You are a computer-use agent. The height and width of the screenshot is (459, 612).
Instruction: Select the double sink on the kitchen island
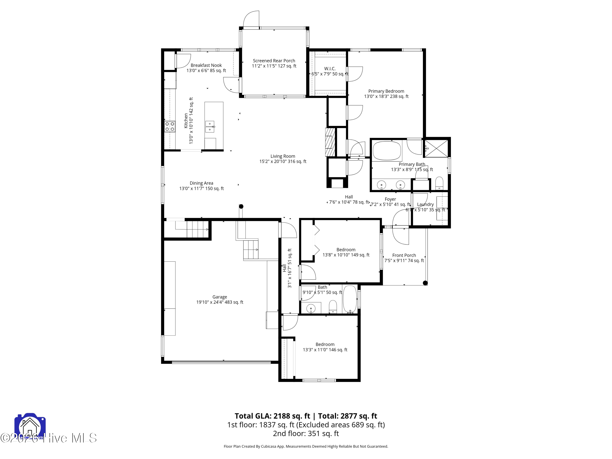click(210, 127)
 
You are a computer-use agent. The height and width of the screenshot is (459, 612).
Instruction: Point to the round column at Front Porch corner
click(425, 283)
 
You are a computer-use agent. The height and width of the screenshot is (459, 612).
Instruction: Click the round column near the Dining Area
click(241, 206)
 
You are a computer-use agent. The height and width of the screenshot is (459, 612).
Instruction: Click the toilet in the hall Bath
click(333, 307)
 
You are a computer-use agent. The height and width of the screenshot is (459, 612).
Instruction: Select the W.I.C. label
click(330, 69)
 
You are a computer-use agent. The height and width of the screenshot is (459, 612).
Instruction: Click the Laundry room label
click(425, 204)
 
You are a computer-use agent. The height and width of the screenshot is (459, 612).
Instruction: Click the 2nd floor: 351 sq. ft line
click(306, 433)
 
